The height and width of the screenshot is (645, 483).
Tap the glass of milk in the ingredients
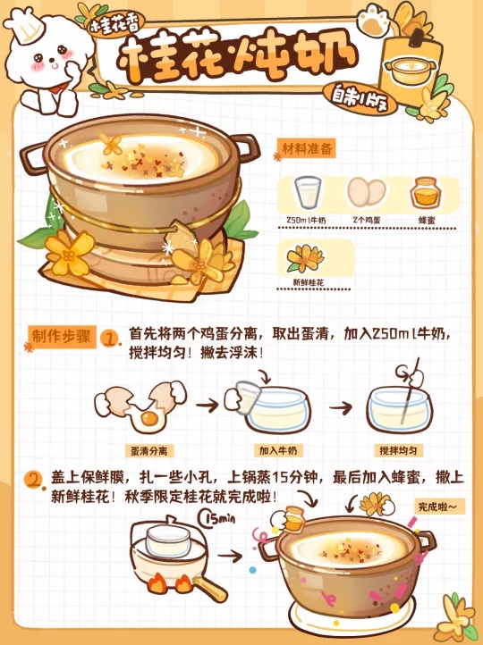(308, 192)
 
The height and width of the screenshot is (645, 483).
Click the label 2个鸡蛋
(367, 220)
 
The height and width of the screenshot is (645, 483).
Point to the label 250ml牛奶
(307, 220)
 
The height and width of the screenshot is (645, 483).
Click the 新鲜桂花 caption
(308, 282)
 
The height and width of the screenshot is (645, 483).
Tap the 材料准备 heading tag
(308, 149)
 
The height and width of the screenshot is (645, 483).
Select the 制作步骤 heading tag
(62, 338)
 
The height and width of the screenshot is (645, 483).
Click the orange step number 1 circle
(110, 339)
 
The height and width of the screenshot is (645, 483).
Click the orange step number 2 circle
(34, 480)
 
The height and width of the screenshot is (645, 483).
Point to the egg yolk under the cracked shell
(149, 419)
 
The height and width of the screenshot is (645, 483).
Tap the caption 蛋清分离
(149, 451)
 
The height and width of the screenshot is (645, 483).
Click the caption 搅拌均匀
(398, 450)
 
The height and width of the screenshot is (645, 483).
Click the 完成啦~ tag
(439, 507)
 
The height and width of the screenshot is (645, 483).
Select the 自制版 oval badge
(360, 98)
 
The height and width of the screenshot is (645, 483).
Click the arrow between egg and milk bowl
(208, 406)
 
